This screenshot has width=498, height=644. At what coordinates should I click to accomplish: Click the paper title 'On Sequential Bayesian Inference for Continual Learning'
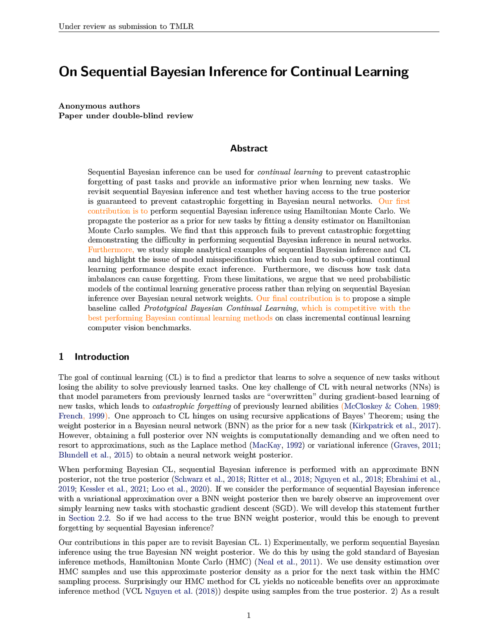(x=234, y=72)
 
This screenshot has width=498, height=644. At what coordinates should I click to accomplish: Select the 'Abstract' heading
(x=249, y=149)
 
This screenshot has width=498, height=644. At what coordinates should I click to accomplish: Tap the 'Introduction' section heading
(x=102, y=357)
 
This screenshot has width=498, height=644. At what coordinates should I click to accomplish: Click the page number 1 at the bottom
(x=249, y=615)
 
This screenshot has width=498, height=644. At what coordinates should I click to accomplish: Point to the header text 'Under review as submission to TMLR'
(x=126, y=27)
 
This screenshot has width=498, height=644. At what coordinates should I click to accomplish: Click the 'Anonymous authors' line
(x=99, y=106)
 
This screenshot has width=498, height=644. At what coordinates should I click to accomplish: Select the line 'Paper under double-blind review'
(x=126, y=116)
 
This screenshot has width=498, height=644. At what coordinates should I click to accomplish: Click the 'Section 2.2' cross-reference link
(x=89, y=518)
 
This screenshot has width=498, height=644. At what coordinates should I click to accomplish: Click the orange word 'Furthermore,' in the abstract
(x=111, y=250)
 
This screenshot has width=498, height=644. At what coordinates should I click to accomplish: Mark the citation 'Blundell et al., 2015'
(x=95, y=455)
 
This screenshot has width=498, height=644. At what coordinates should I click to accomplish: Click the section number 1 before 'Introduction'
(x=61, y=357)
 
